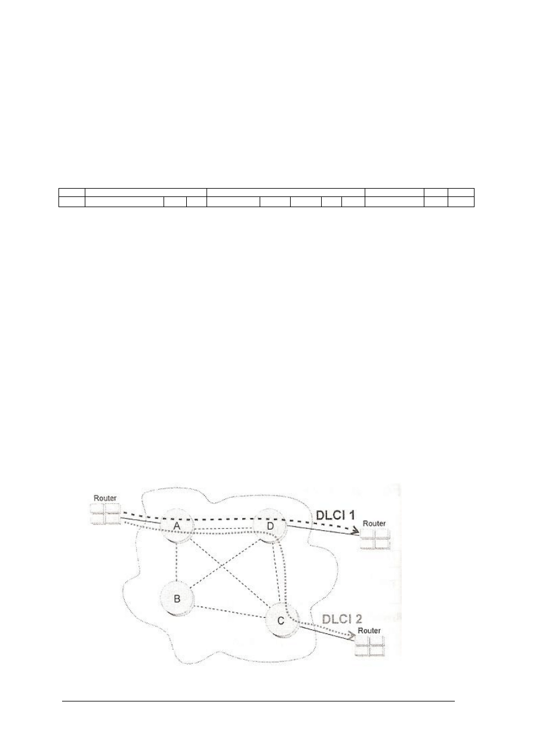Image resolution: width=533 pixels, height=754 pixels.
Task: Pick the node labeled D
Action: pyautogui.click(x=270, y=526)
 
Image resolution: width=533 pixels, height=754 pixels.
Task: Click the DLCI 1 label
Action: pyautogui.click(x=336, y=515)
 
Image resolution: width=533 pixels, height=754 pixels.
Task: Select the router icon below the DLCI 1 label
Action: pyautogui.click(x=375, y=539)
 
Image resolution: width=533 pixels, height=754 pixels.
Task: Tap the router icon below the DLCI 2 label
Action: pyautogui.click(x=370, y=646)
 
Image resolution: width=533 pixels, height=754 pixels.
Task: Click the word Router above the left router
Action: pyautogui.click(x=105, y=498)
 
